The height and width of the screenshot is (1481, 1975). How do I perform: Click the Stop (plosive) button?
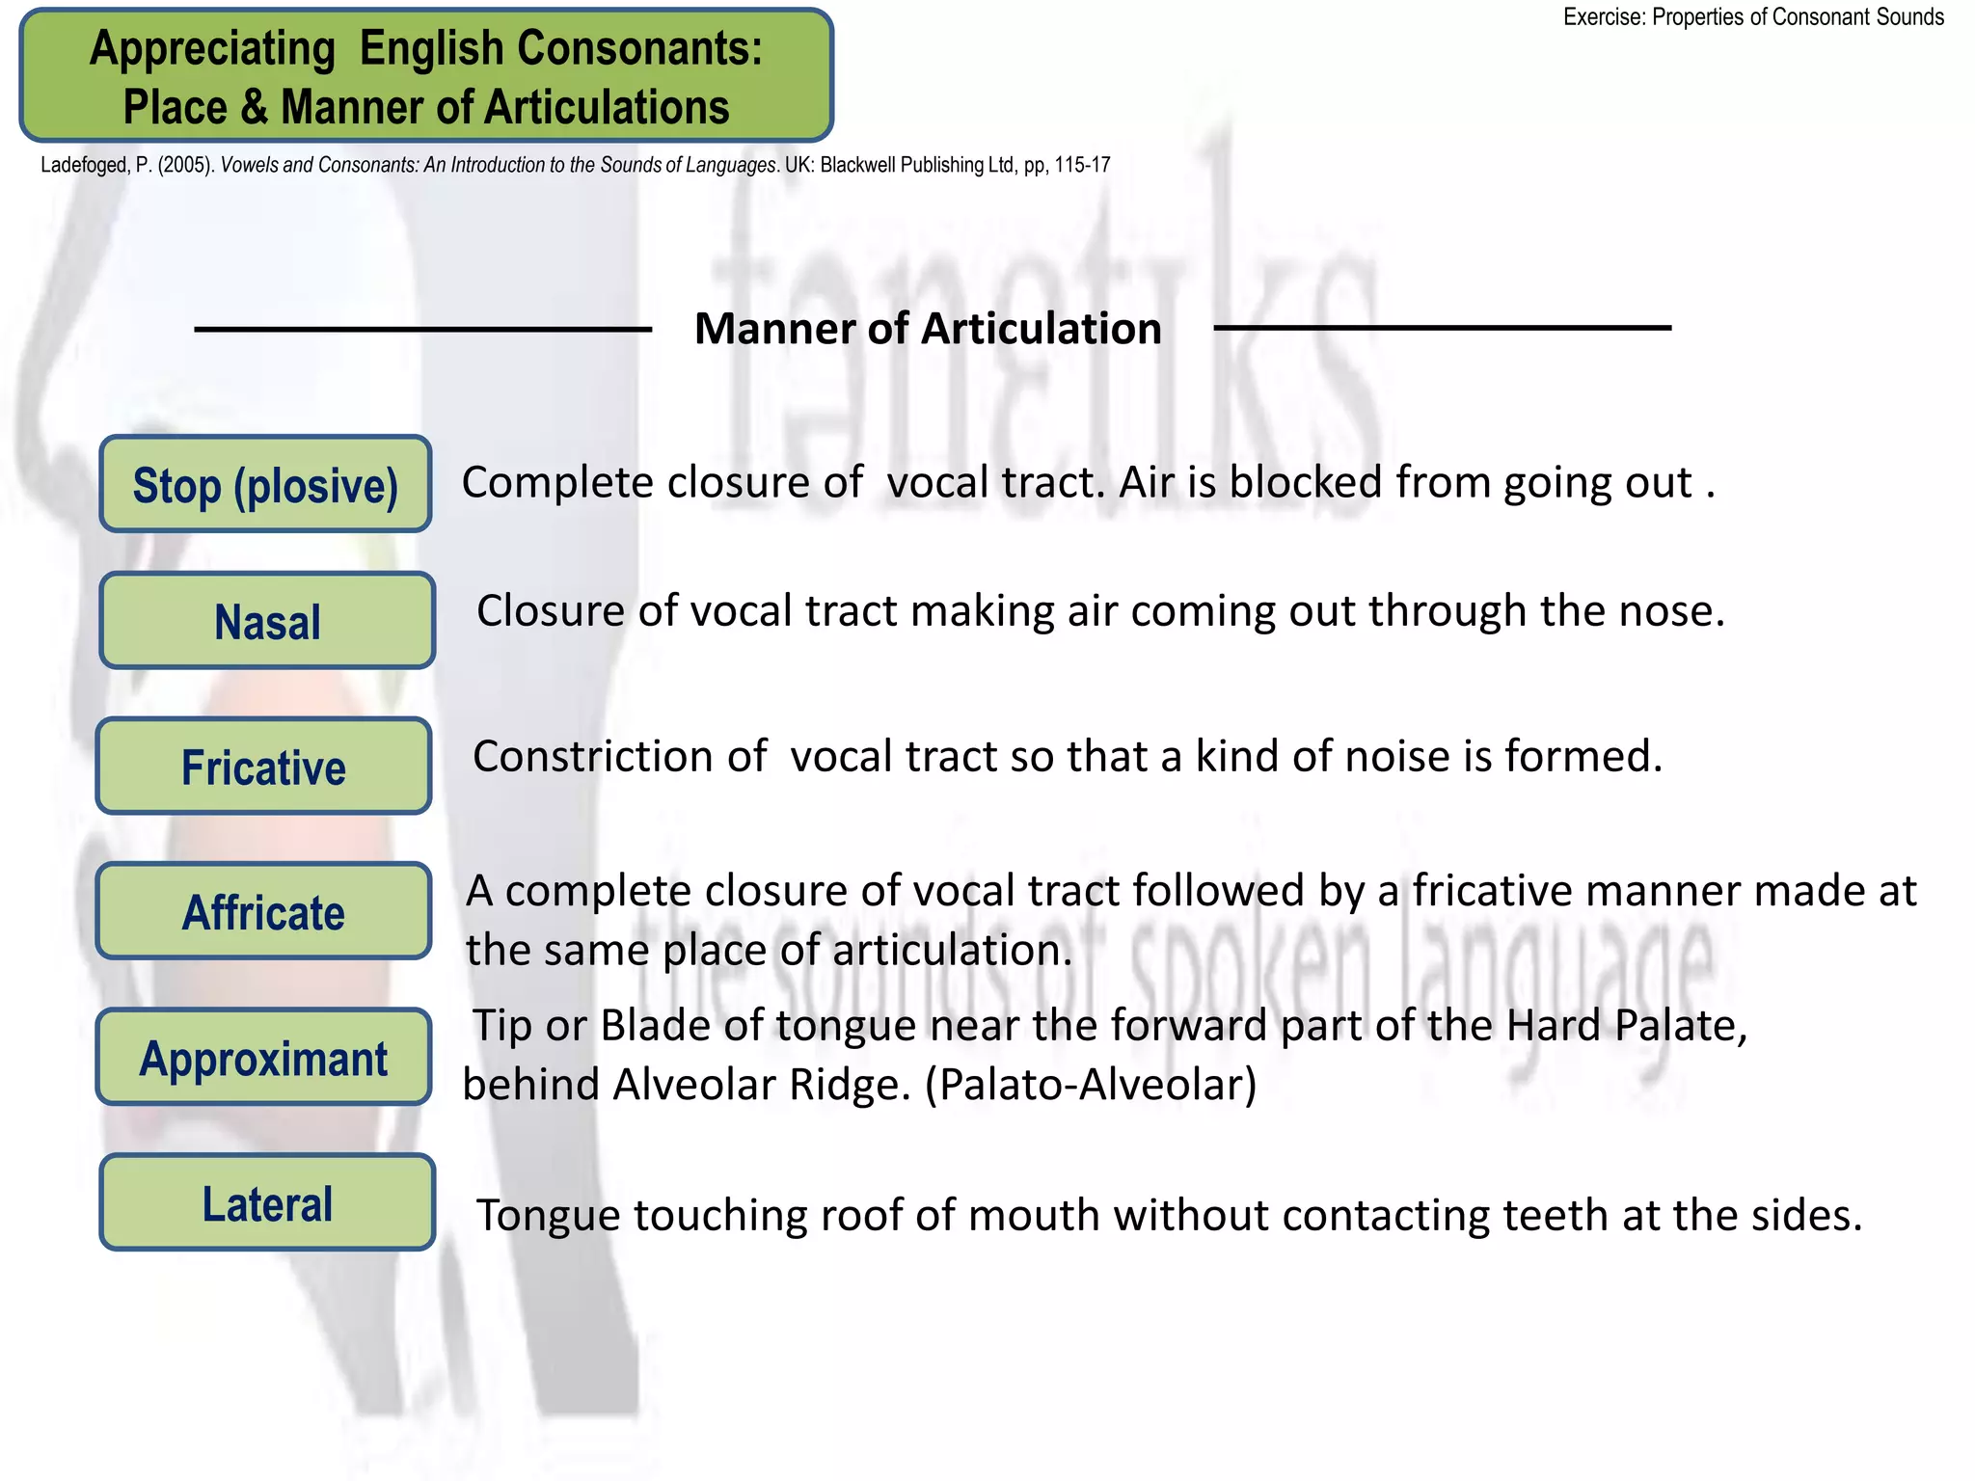point(265,484)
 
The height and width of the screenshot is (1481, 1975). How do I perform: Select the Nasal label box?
point(267,621)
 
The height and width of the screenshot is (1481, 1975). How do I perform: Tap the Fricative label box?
point(263,767)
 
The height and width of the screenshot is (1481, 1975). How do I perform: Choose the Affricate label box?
point(263,911)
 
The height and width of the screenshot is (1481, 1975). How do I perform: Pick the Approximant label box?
point(263,1057)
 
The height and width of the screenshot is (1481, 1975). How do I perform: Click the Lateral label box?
point(267,1202)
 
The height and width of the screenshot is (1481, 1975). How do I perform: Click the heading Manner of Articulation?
point(928,329)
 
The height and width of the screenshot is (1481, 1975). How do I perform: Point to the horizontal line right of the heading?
point(1442,329)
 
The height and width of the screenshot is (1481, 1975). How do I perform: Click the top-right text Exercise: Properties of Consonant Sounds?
point(1752,17)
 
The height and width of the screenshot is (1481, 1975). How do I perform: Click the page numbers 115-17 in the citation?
point(1082,165)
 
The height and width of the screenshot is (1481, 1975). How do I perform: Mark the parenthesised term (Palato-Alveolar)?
point(1091,1085)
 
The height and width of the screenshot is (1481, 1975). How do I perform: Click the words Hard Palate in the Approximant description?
point(1626,1025)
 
